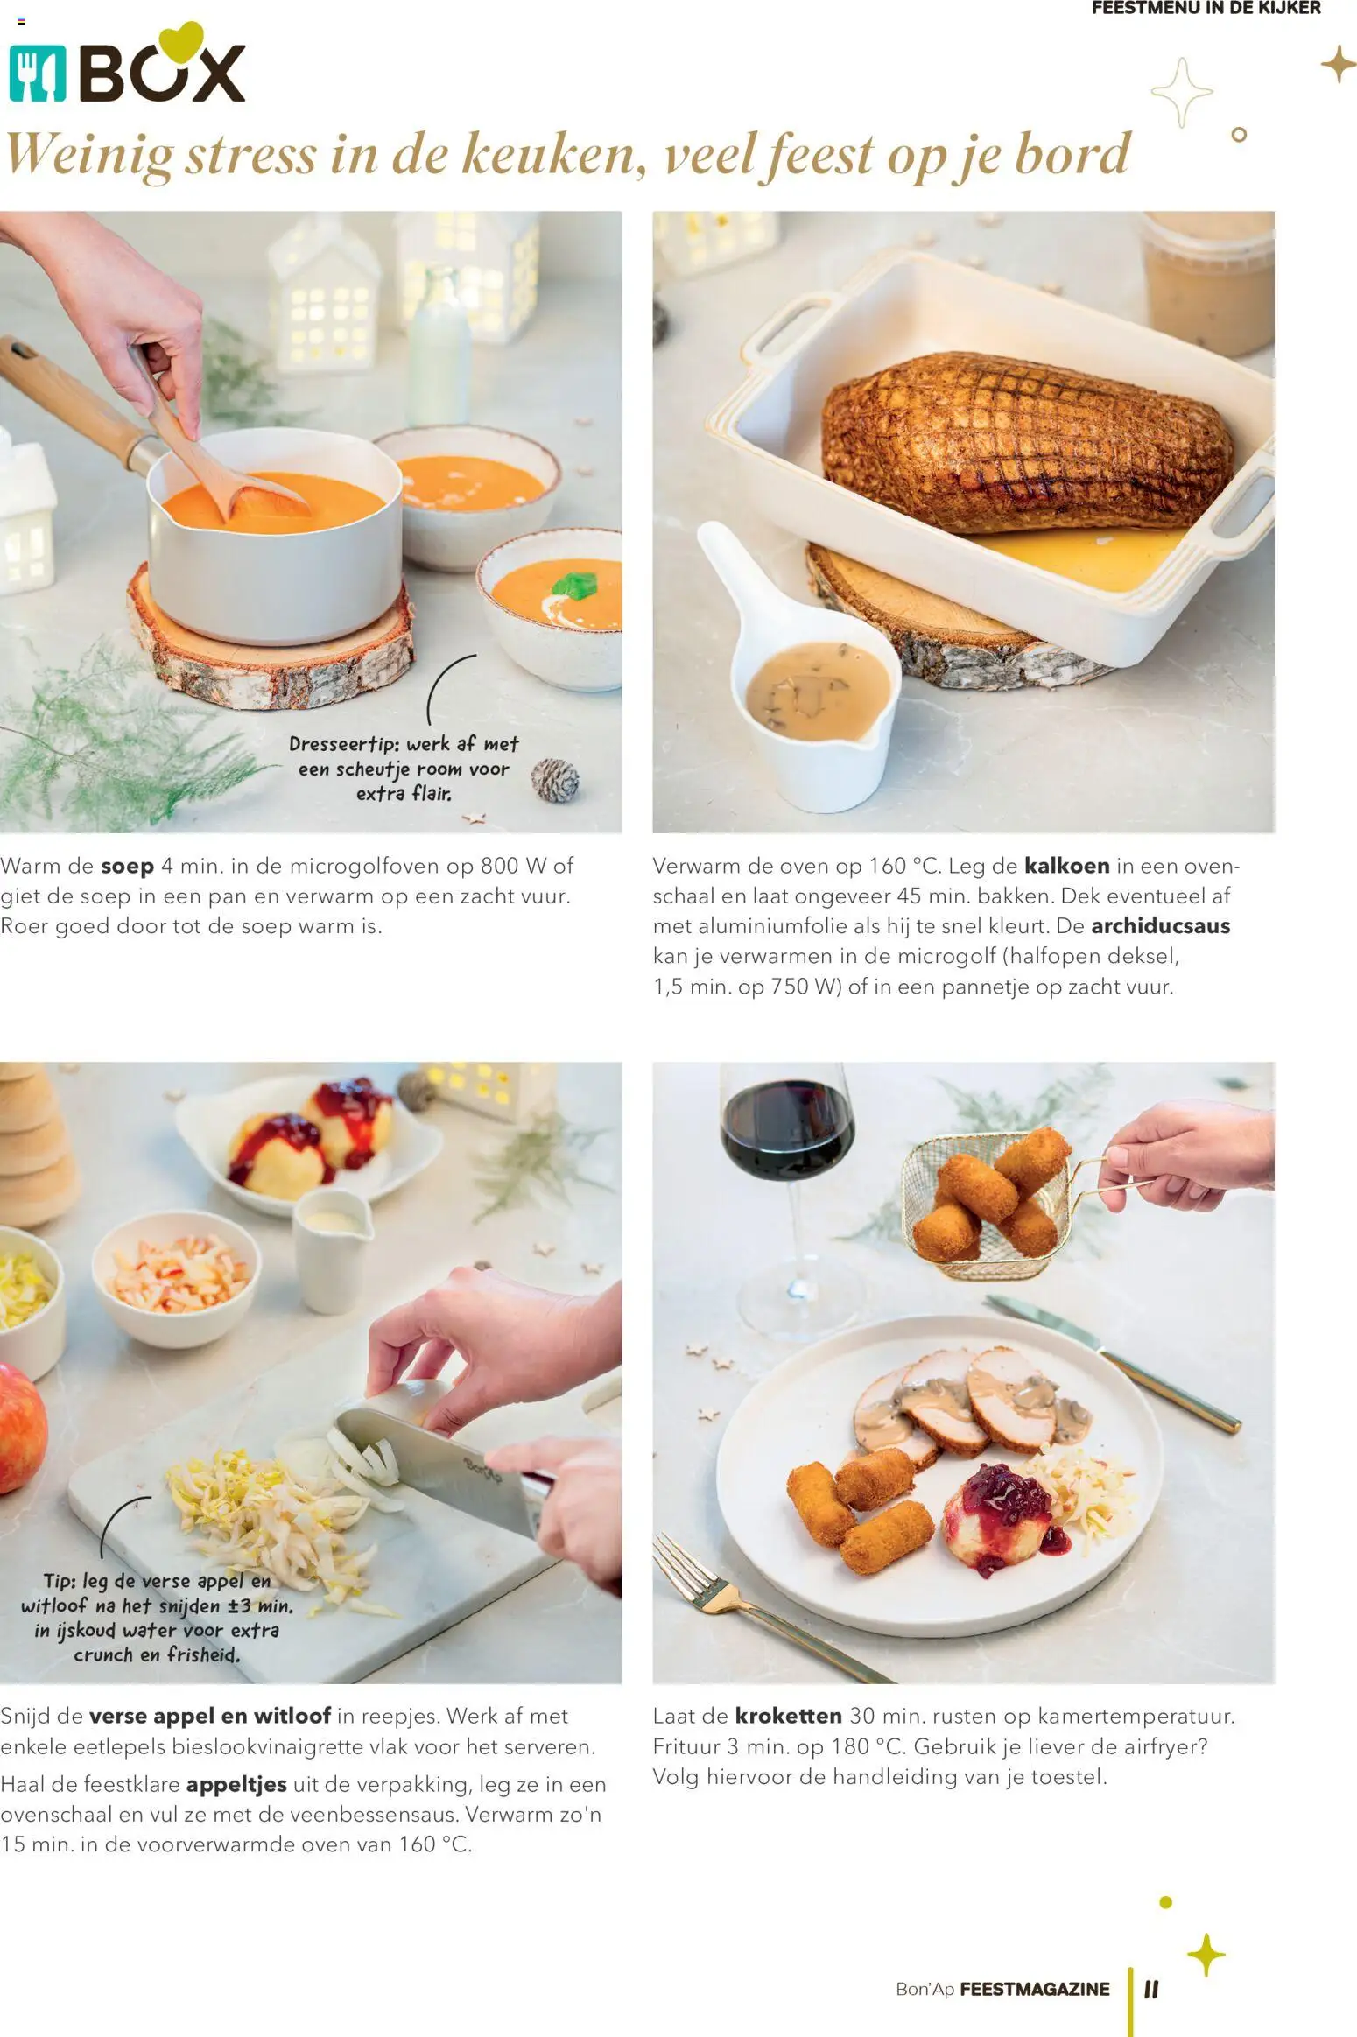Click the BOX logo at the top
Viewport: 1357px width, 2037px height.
pos(127,72)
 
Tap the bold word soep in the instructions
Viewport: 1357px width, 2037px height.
pos(127,867)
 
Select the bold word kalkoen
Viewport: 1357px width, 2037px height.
pos(1066,867)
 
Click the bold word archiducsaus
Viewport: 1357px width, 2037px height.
pos(1160,926)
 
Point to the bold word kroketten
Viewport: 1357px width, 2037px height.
pos(788,1716)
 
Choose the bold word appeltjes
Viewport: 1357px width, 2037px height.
pos(236,1784)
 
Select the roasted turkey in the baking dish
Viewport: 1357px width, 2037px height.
pos(1024,446)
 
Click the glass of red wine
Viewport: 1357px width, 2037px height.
pos(785,1138)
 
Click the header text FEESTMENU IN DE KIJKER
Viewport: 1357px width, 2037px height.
pos(1206,8)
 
